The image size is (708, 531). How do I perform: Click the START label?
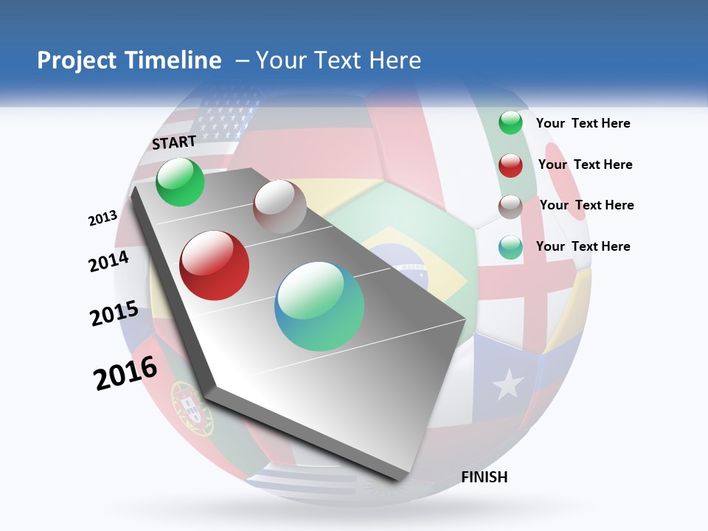click(174, 142)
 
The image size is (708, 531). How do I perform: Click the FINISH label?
click(484, 477)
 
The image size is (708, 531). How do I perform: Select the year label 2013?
click(103, 218)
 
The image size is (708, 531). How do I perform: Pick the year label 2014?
click(108, 262)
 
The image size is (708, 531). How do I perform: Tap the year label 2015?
click(114, 313)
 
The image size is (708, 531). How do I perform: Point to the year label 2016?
click(125, 373)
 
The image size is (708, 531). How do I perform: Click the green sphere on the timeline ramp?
click(181, 181)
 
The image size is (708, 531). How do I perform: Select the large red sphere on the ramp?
click(215, 265)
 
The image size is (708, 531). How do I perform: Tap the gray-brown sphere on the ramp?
click(280, 206)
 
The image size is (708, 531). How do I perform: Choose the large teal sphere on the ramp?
click(319, 306)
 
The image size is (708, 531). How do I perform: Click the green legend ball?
click(510, 123)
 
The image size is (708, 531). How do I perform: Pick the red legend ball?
click(510, 165)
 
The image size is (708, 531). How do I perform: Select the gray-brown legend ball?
click(510, 206)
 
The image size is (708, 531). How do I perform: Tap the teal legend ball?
click(510, 247)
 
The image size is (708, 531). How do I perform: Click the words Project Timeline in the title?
click(129, 60)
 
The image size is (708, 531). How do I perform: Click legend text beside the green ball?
click(583, 123)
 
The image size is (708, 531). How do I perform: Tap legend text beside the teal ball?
click(583, 246)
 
